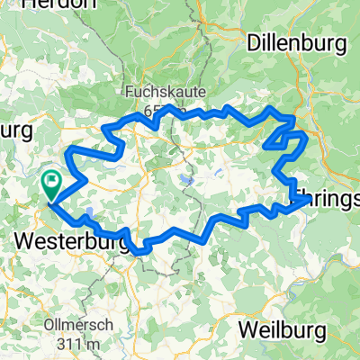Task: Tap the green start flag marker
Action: [51, 185]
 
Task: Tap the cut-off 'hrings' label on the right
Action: [325, 195]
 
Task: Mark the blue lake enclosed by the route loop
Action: [185, 180]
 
